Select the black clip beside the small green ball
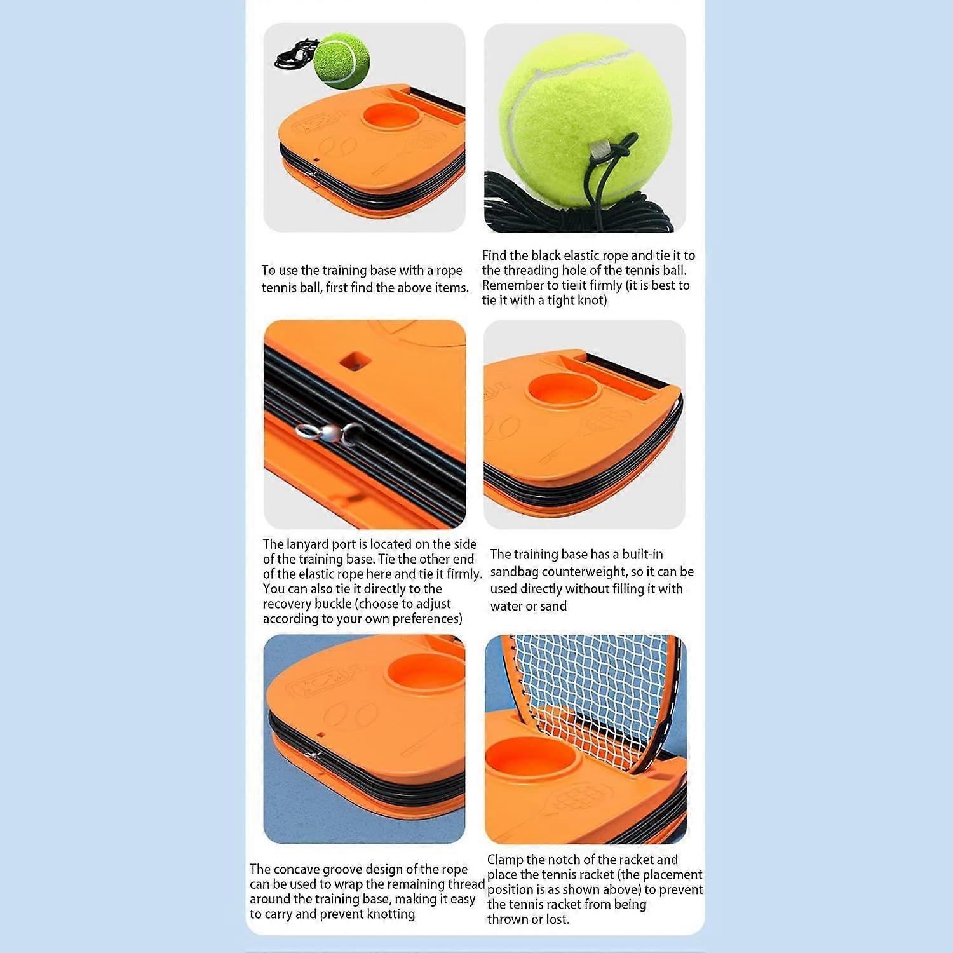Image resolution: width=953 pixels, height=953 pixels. pos(294,55)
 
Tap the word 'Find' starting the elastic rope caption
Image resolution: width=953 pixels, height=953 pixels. pos(494,255)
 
